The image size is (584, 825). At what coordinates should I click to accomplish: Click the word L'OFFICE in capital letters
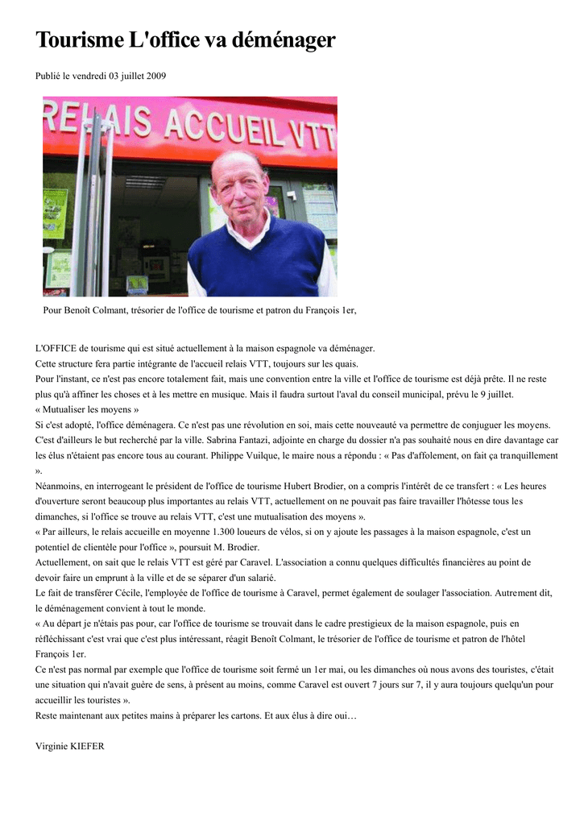click(56, 348)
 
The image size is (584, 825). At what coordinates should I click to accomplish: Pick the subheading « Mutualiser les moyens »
click(87, 409)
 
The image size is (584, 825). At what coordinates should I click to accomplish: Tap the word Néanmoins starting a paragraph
click(60, 486)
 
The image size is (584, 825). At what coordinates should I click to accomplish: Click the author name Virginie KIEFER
click(70, 746)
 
